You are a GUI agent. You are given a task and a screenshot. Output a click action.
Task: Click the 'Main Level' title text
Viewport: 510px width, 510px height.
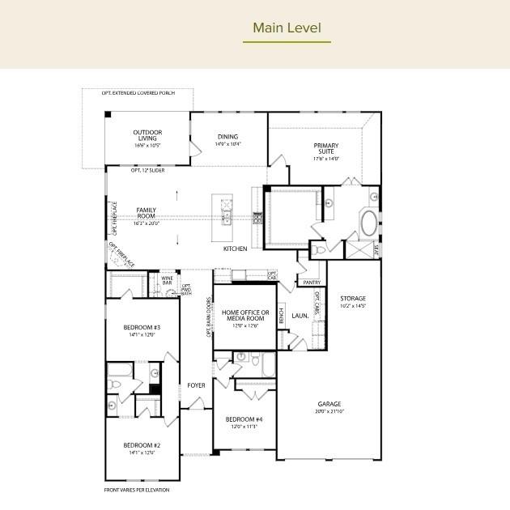point(287,28)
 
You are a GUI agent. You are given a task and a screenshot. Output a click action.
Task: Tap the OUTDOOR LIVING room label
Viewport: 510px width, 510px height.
point(147,135)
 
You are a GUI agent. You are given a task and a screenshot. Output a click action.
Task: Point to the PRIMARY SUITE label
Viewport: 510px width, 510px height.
point(326,149)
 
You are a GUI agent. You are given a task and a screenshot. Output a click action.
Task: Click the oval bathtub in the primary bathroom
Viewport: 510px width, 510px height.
point(368,223)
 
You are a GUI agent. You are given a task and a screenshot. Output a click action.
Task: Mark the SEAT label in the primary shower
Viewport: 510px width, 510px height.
point(374,249)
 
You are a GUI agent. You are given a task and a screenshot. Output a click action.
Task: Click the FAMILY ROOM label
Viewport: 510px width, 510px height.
point(146,213)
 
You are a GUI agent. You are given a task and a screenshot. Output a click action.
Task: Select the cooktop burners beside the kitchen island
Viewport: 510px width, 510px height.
point(258,217)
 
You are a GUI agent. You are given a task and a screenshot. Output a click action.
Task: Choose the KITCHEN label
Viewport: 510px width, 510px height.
point(236,249)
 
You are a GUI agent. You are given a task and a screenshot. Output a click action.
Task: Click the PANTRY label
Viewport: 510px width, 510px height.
point(311,283)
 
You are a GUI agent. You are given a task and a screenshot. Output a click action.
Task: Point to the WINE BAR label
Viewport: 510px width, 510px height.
point(167,280)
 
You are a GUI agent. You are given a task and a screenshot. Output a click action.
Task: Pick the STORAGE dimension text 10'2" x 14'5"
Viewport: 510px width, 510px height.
point(353,306)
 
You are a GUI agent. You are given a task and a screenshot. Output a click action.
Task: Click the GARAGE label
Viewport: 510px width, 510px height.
point(329,403)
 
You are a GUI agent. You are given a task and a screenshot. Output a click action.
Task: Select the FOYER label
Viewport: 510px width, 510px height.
point(197,385)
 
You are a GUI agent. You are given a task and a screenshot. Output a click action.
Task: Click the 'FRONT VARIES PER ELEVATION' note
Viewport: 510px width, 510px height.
point(137,490)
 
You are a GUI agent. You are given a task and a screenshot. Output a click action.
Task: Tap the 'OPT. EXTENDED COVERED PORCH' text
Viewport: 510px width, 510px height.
point(138,93)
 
